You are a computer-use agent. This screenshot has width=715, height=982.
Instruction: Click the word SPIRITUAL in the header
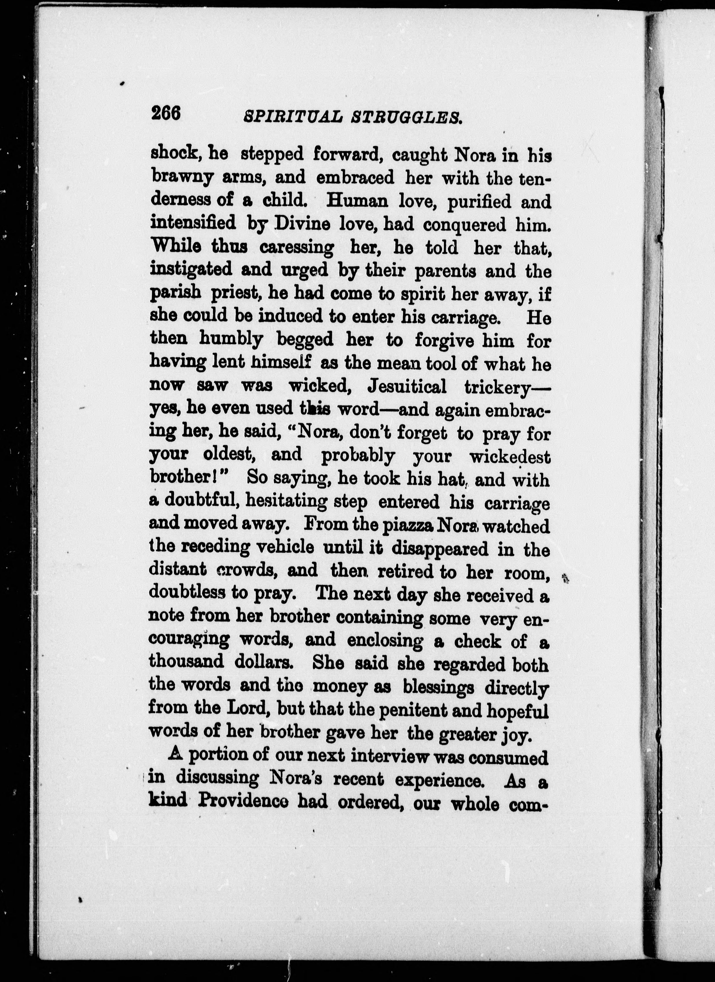pos(293,117)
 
